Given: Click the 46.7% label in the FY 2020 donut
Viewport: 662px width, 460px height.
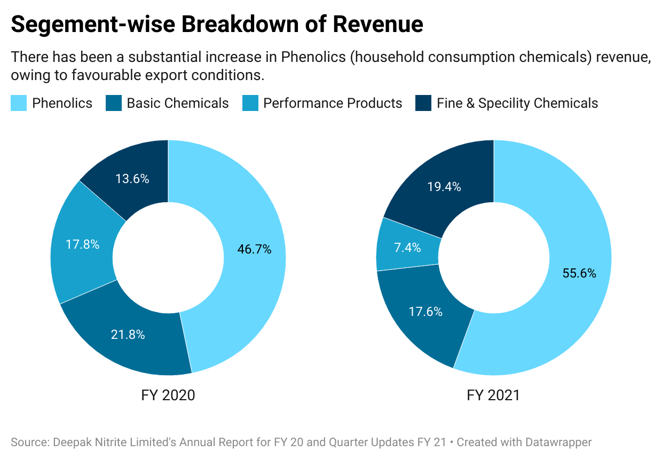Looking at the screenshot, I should (254, 249).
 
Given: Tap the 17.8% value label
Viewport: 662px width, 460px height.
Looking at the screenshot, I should (82, 244).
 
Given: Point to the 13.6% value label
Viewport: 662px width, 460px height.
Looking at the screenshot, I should (132, 179).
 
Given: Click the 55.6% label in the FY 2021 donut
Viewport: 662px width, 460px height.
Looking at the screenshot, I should (579, 273).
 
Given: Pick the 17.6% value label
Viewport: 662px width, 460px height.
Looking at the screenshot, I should (425, 312).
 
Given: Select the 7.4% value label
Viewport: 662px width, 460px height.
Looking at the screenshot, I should (407, 248).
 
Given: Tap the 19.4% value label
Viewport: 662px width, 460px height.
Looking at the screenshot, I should (444, 187).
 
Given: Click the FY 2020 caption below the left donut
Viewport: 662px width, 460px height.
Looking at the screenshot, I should (168, 395).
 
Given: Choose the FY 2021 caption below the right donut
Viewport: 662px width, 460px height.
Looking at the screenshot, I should (493, 395).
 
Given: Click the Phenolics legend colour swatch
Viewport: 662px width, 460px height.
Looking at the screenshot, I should (19, 103).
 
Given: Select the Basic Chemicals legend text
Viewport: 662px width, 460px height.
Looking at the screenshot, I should (177, 103).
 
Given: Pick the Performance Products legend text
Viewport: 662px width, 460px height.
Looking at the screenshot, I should (333, 103).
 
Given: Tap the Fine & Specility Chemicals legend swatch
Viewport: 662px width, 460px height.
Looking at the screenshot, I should (423, 103).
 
